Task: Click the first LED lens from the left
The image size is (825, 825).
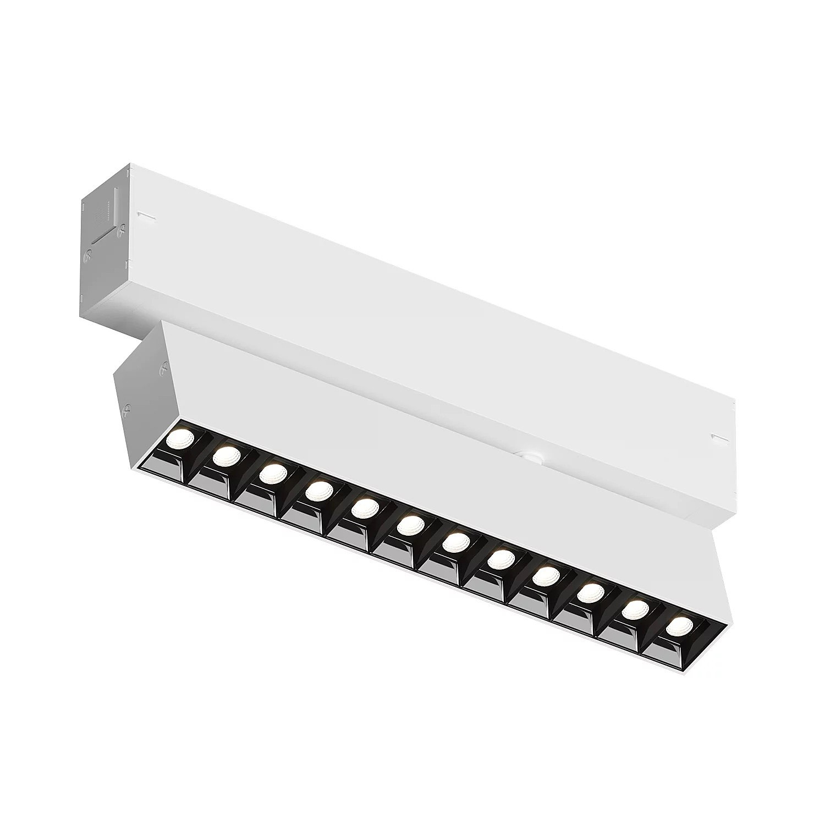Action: coord(182,423)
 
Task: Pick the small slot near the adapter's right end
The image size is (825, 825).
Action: coord(718,437)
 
